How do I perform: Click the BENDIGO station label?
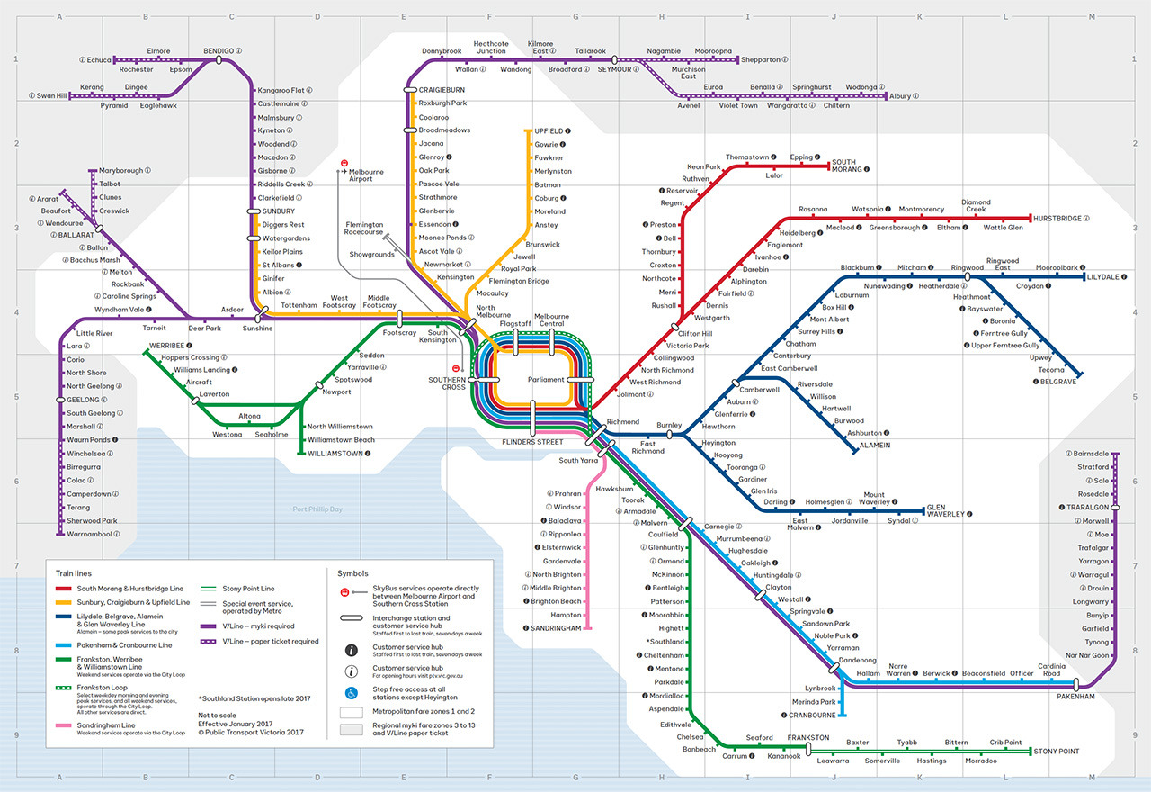click(x=219, y=51)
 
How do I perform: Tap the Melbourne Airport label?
click(x=366, y=175)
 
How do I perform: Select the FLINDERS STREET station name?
click(x=532, y=442)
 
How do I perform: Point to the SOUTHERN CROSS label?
click(x=447, y=382)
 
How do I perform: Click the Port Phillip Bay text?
click(x=318, y=509)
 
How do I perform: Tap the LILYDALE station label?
click(x=1110, y=277)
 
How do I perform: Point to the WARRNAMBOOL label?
click(x=92, y=534)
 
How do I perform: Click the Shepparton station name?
click(x=760, y=60)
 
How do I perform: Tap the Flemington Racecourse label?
click(x=364, y=229)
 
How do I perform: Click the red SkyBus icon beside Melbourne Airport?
click(x=344, y=164)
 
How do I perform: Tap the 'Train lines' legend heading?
click(x=74, y=573)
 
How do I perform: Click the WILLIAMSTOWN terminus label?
click(x=339, y=454)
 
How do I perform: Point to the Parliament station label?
click(x=547, y=380)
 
